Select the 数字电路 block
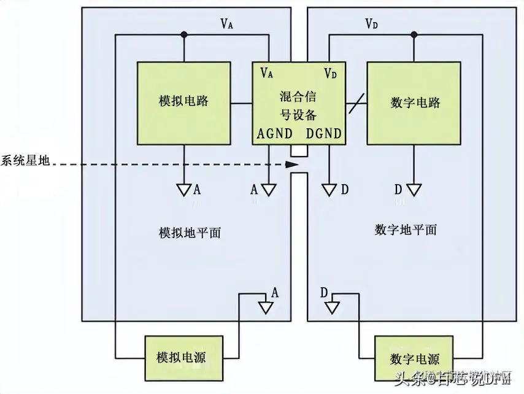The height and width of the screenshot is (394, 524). pyautogui.click(x=415, y=102)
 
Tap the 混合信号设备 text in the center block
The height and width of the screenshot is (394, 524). pyautogui.click(x=298, y=104)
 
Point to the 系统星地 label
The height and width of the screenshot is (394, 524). pyautogui.click(x=26, y=162)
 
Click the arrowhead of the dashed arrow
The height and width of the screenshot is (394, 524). pyautogui.click(x=293, y=164)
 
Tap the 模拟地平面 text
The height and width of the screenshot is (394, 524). pyautogui.click(x=190, y=233)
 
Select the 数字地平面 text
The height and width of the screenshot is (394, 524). pyautogui.click(x=406, y=230)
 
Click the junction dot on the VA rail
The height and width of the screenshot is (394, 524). pyautogui.click(x=183, y=34)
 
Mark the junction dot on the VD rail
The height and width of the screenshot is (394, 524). pyautogui.click(x=414, y=34)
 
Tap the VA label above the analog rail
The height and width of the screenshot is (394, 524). pyautogui.click(x=227, y=24)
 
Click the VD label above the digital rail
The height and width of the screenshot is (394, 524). pyautogui.click(x=371, y=24)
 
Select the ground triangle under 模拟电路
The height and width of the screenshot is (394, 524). pyautogui.click(x=183, y=190)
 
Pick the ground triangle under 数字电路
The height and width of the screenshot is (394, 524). pyautogui.click(x=414, y=190)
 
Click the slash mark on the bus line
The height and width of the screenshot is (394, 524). pyautogui.click(x=355, y=102)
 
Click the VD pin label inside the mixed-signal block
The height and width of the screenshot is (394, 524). pyautogui.click(x=331, y=73)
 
